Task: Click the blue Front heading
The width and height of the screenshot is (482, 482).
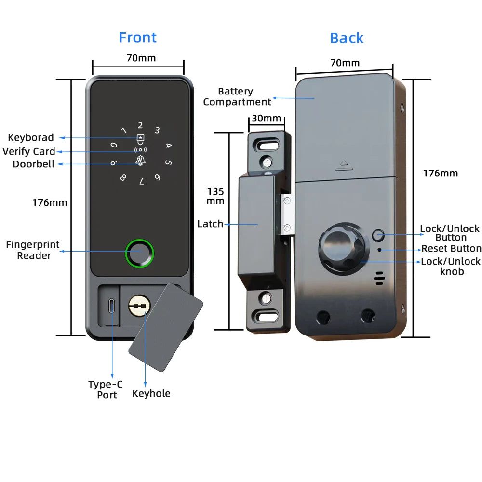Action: pos(138,38)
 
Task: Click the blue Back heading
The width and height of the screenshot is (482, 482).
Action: pos(347,38)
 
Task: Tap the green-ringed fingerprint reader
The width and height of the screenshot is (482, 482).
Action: pos(140,252)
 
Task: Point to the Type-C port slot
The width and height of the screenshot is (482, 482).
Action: pos(112,306)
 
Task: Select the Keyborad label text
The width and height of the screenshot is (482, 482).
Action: pos(31,138)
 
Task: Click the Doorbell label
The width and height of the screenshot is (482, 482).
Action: pos(34,164)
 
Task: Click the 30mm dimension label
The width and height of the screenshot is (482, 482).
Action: pos(266,119)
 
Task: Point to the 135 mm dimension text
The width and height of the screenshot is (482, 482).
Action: pos(215,196)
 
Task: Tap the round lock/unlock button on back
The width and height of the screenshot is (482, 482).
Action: pos(378,236)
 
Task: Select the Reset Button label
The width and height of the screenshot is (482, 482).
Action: pos(451,249)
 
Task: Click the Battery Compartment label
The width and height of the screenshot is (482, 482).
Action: pos(237,96)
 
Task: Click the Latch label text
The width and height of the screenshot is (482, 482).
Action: pos(210,224)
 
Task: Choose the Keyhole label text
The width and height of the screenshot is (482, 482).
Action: pos(151,394)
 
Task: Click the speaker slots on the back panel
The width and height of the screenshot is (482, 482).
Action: pos(379,277)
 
